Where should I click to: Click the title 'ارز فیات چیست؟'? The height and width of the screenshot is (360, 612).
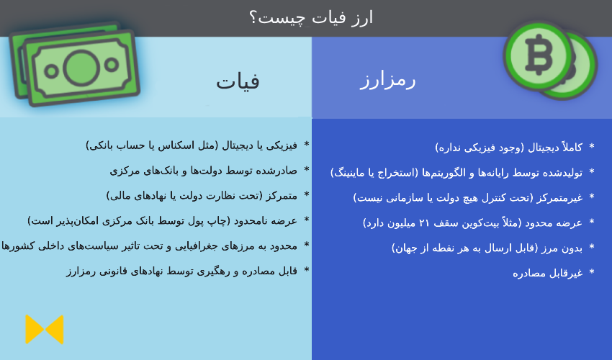pos(311,18)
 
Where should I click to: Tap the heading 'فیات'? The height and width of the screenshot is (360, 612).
pos(238,81)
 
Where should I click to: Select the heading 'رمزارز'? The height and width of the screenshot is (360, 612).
pos(387,81)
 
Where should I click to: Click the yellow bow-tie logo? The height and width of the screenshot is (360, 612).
pos(45,330)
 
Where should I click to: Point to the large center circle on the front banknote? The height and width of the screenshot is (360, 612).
pos(81,68)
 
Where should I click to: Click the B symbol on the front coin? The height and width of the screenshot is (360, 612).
pos(539,55)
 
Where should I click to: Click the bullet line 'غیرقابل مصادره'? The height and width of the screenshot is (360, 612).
pos(548,273)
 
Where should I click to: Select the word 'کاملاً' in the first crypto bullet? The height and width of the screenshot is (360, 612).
pos(572,147)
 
